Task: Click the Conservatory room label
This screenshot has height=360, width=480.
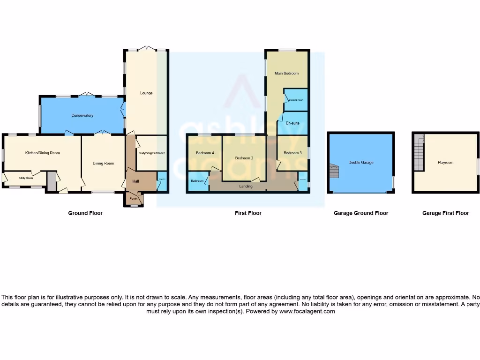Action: [82, 115]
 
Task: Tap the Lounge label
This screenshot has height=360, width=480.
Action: [146, 93]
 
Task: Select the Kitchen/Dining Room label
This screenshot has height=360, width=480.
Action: [43, 153]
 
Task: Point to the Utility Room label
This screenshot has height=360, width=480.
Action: [26, 178]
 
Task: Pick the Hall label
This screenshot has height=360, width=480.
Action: [135, 181]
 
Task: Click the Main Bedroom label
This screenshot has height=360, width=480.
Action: [286, 74]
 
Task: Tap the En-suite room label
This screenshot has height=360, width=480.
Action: [292, 123]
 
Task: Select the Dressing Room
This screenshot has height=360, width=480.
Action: [296, 100]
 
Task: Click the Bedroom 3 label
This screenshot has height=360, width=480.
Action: [292, 153]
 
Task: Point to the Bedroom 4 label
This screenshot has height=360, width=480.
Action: [205, 153]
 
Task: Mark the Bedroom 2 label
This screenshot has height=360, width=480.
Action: [244, 158]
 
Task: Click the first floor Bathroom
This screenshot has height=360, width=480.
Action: [197, 181]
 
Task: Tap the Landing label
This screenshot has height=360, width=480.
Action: [246, 186]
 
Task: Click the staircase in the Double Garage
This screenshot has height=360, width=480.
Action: [335, 171]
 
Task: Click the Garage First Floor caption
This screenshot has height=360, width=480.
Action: [445, 213]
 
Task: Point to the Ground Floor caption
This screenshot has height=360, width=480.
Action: [85, 213]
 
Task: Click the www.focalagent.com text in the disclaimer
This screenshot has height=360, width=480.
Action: [307, 311]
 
